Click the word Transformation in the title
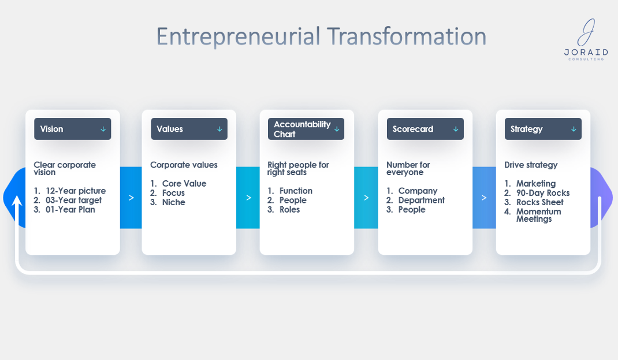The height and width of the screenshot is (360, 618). (407, 36)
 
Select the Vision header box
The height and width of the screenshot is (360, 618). (73, 129)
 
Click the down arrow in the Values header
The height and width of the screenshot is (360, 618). (219, 129)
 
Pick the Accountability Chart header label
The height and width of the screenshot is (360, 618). (302, 129)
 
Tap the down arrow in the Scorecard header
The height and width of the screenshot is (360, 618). (456, 129)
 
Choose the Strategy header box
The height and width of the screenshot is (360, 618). (543, 129)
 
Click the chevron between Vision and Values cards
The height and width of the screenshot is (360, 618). (131, 198)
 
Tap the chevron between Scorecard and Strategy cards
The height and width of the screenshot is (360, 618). (484, 198)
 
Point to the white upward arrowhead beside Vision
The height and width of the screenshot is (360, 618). (17, 201)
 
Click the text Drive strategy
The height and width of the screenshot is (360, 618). (531, 165)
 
